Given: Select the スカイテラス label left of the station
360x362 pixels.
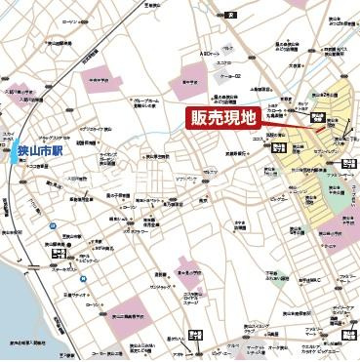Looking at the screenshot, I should (x=8, y=134).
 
